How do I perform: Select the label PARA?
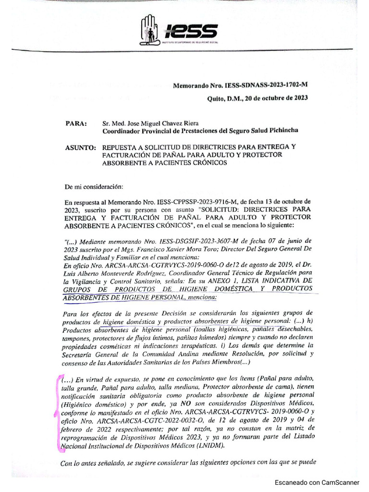pyautogui.click(x=76, y=123)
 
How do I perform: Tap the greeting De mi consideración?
pyautogui.click(x=94, y=186)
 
